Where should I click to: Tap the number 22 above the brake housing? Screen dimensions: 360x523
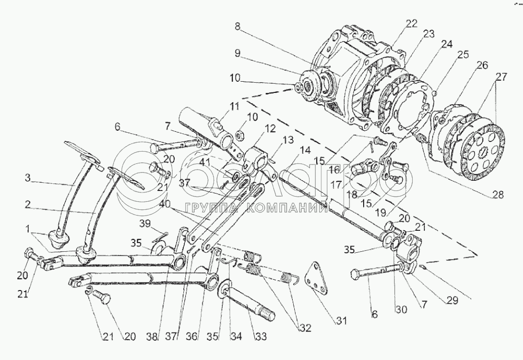(x=411, y=23)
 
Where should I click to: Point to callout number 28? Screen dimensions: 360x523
(x=498, y=195)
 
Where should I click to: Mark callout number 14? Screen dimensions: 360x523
(x=305, y=150)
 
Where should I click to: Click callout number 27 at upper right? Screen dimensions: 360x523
(x=501, y=77)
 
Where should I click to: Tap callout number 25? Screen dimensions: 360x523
(x=464, y=54)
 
